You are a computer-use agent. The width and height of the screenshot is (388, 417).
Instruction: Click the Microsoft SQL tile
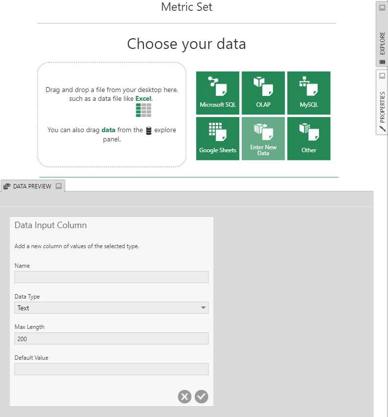pyautogui.click(x=218, y=93)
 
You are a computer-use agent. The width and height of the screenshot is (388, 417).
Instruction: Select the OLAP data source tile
pyautogui.click(x=263, y=93)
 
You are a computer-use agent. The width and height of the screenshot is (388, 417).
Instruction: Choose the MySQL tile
pyautogui.click(x=309, y=93)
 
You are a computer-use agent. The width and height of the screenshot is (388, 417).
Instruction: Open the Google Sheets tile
pyautogui.click(x=218, y=139)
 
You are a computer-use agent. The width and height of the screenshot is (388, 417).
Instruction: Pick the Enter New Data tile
pyautogui.click(x=263, y=139)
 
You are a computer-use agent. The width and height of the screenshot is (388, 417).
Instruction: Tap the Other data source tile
pyautogui.click(x=309, y=139)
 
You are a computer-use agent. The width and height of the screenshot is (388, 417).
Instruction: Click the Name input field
pyautogui.click(x=112, y=277)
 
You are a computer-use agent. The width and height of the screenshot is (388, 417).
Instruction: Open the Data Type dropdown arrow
pyautogui.click(x=203, y=308)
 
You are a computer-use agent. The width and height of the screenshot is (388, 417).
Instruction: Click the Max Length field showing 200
pyautogui.click(x=112, y=338)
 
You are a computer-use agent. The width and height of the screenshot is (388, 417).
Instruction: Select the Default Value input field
pyautogui.click(x=112, y=369)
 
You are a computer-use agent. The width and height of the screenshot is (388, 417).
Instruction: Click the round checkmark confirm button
pyautogui.click(x=201, y=396)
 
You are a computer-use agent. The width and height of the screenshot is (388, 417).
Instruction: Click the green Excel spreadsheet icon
pyautogui.click(x=143, y=110)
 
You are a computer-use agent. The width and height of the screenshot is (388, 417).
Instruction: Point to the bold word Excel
pyautogui.click(x=143, y=98)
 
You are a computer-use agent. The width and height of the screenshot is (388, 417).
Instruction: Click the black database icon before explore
pyautogui.click(x=149, y=131)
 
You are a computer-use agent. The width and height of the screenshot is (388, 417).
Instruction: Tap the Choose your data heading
pyautogui.click(x=186, y=44)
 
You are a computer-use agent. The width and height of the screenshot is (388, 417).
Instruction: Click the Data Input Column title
pyautogui.click(x=50, y=225)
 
